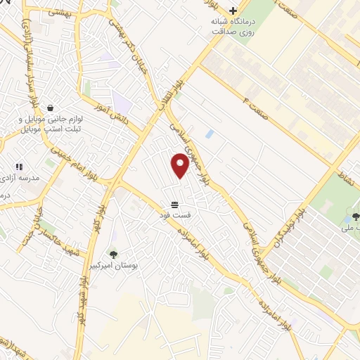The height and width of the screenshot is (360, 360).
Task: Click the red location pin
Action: [x=181, y=165]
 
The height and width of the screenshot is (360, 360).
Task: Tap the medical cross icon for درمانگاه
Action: [x=233, y=11]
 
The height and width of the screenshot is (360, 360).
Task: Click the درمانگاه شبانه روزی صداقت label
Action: [x=233, y=27]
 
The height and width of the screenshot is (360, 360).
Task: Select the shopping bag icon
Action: [x=51, y=108]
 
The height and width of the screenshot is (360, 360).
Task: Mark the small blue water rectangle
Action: [x=209, y=133]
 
